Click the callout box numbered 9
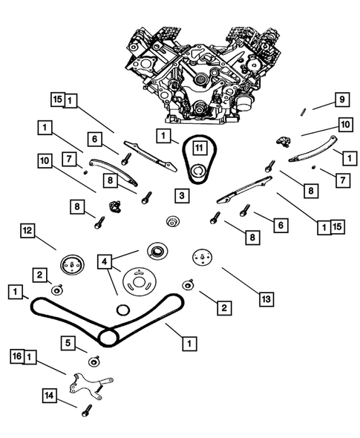tap(342, 99)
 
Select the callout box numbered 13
tap(266, 299)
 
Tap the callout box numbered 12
tap(27, 231)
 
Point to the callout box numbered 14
tap(50, 396)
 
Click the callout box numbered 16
tap(17, 356)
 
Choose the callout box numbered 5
tap(68, 343)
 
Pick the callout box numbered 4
tap(105, 262)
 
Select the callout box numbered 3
tap(182, 195)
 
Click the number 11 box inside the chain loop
tap(199, 148)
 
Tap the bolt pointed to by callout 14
tap(87, 411)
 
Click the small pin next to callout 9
tap(302, 111)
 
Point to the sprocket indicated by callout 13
tap(202, 258)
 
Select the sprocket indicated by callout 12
tap(72, 265)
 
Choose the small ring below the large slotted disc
tap(123, 310)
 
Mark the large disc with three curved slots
tap(139, 282)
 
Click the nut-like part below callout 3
tap(173, 221)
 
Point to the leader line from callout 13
tap(240, 281)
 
